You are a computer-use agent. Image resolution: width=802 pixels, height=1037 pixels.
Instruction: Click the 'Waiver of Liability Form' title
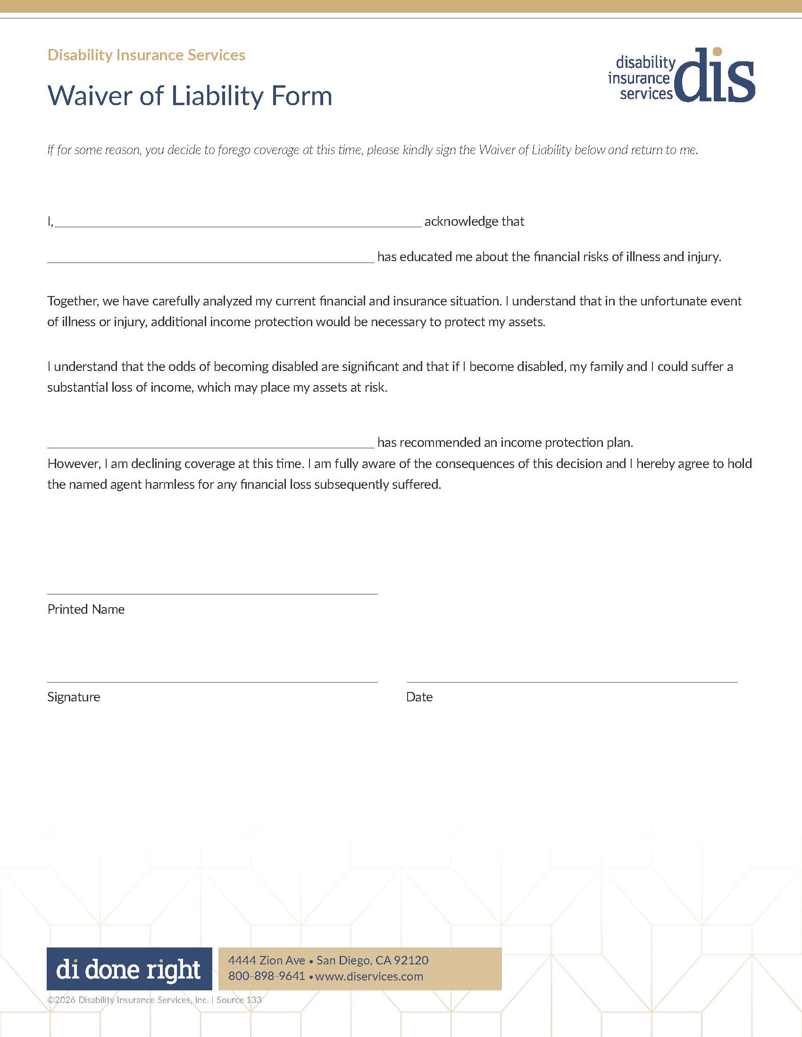click(190, 96)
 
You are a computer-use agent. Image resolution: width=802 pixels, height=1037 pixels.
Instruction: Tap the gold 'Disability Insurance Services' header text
click(146, 55)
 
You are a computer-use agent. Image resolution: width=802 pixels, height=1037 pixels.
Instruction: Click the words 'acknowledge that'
click(474, 222)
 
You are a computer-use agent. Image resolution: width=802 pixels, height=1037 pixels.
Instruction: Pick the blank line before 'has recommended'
click(210, 446)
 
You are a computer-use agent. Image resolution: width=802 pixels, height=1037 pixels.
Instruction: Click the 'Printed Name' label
click(86, 609)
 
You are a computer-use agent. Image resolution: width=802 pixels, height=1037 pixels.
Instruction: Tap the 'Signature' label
click(74, 697)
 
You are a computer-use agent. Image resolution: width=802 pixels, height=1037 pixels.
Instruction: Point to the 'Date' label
click(419, 697)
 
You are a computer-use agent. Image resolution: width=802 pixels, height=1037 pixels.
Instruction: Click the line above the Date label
click(572, 682)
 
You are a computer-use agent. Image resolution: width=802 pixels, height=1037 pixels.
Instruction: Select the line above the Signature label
click(212, 682)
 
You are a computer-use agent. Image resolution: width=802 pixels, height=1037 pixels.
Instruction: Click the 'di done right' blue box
click(129, 969)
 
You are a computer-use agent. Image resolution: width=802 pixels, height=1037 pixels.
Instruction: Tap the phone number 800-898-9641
click(267, 976)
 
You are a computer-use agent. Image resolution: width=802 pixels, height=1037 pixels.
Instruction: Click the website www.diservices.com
click(369, 977)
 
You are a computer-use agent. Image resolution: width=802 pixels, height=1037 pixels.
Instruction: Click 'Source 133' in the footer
click(239, 1000)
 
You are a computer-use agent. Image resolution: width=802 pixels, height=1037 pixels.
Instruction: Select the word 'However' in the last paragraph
click(74, 464)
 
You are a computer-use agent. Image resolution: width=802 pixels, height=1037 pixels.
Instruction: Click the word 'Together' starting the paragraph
click(72, 301)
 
